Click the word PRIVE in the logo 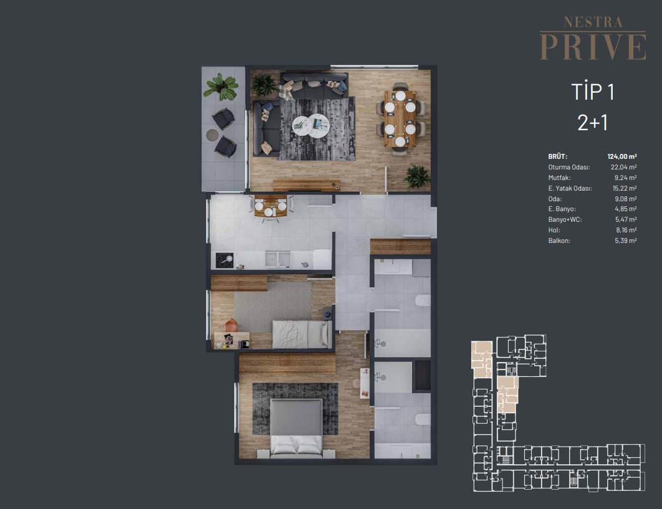point(593,47)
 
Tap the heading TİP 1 point(592,92)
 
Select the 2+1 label point(592,123)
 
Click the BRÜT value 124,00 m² point(622,156)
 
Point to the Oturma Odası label point(568,167)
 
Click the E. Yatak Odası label point(570,188)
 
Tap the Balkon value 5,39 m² point(625,240)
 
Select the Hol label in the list point(554,230)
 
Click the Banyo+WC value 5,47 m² point(626,219)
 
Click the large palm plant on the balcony point(221,87)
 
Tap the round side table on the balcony point(213,135)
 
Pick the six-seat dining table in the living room point(400,118)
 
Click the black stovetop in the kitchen point(224,260)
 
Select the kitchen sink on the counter point(277,259)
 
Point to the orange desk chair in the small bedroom point(231,325)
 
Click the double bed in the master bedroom point(296,428)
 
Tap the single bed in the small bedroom point(302,335)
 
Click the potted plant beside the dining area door point(417,176)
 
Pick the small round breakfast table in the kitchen point(271,206)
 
